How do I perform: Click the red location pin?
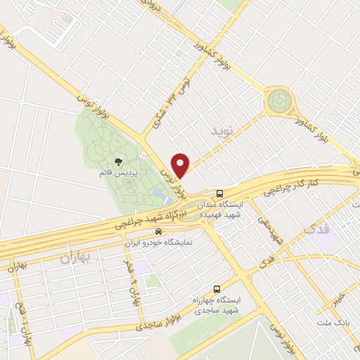181,164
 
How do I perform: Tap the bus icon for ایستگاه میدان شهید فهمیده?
220,192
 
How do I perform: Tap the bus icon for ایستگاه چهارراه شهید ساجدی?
216,288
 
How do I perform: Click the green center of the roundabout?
278,103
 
